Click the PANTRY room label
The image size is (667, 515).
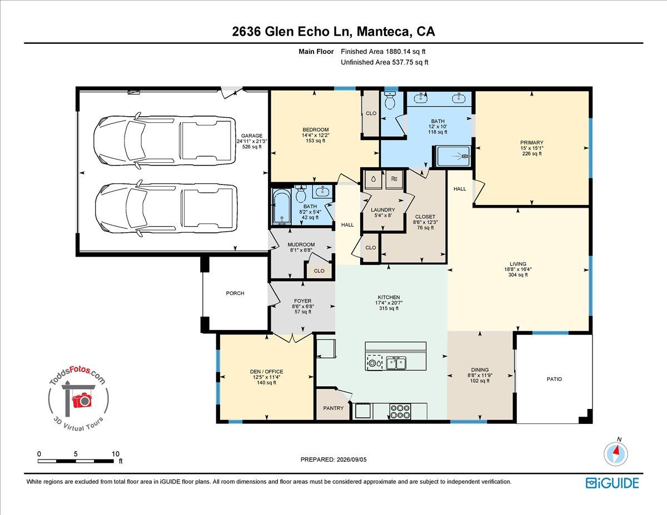point(333,408)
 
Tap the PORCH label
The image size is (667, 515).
point(235,293)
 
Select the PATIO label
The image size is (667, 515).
point(554,379)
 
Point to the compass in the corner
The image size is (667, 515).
point(616,454)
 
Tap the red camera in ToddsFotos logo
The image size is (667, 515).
point(82,400)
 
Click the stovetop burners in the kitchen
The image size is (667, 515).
point(400,411)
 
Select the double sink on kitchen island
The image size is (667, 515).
point(396,363)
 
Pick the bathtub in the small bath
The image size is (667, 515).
point(282,207)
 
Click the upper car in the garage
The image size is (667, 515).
point(165,141)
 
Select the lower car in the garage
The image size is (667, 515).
point(166,208)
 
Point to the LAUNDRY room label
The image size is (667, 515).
point(383,210)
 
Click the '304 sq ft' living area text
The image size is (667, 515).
point(518,275)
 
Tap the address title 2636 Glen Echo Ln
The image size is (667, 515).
point(291,32)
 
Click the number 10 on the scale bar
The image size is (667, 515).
point(116,454)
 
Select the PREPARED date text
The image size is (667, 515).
point(333,459)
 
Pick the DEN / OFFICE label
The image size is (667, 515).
point(266,372)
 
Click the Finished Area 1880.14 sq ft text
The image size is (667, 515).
point(383,52)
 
